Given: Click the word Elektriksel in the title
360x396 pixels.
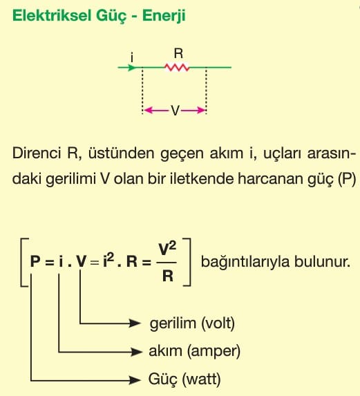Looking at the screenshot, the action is (52, 15).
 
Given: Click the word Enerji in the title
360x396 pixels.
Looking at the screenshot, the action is (164, 16).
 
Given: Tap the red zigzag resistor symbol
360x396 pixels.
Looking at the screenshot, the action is (177, 68).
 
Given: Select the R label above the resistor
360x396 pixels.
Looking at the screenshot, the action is (178, 53).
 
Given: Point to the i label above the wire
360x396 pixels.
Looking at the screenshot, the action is (132, 57).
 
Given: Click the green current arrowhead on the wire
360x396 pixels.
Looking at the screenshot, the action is (132, 68).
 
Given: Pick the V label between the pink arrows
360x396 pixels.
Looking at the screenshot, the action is (175, 111).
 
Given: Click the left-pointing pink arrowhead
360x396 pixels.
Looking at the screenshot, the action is (148, 111).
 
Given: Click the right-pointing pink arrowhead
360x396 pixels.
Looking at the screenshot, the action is (201, 111).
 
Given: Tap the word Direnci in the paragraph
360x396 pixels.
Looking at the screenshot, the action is (37, 153).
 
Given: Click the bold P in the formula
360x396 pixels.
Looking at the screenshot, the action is (35, 261).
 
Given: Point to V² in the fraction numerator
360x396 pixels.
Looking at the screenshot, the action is (167, 249).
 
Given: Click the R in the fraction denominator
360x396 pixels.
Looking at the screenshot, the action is (168, 276).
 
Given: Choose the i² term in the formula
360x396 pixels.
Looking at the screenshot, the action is (108, 260).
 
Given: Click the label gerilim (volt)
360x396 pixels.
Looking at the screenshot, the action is (192, 323).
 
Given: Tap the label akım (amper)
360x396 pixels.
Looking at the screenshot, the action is (194, 351).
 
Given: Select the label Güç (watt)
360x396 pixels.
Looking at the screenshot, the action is (184, 379).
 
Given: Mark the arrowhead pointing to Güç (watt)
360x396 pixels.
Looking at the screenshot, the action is (135, 380).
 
